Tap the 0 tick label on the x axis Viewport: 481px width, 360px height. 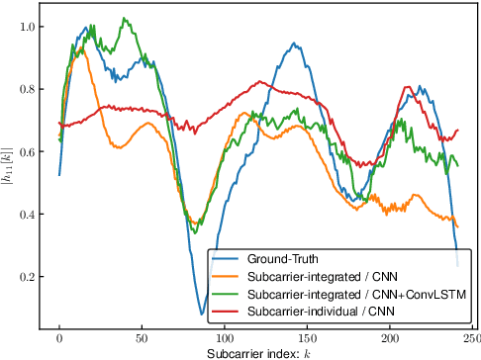click(59, 339)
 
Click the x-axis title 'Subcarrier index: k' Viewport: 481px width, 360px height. click(258, 353)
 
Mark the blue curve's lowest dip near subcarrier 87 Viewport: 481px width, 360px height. click(202, 315)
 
